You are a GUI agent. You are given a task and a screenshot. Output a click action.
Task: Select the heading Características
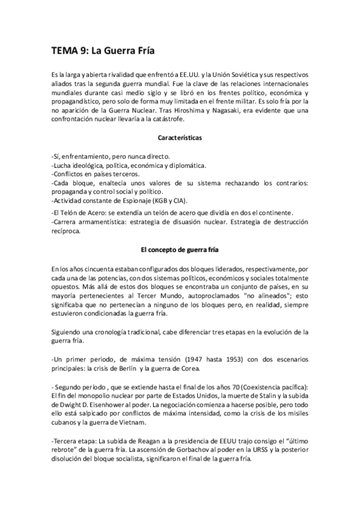click(x=180, y=138)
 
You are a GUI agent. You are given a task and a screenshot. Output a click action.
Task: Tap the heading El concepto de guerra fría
click(x=180, y=250)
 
